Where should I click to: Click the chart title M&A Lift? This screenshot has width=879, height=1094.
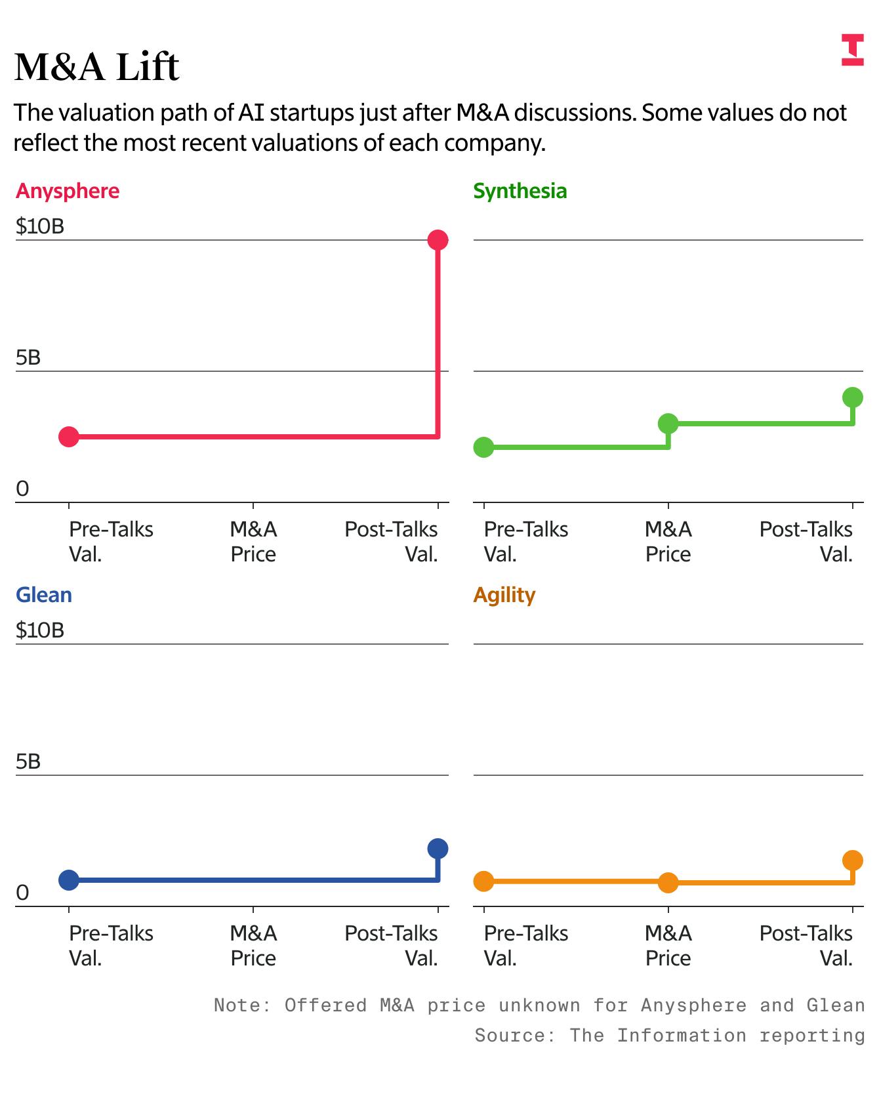point(96,67)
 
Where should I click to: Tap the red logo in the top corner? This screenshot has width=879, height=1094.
point(852,50)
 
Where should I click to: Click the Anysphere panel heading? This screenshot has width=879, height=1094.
point(68,191)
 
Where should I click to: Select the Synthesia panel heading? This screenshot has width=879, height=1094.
point(520,191)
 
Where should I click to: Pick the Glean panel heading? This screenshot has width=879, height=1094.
point(44,595)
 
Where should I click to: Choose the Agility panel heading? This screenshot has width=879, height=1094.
point(504,595)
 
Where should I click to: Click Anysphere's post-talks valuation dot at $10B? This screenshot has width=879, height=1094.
point(438,240)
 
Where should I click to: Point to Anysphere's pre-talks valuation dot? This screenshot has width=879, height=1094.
point(69,436)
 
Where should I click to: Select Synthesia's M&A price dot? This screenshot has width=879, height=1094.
point(668,424)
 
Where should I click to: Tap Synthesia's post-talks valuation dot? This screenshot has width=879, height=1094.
point(852,397)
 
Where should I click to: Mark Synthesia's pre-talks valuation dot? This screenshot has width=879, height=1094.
point(483,447)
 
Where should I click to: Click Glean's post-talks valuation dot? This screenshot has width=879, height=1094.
point(438,849)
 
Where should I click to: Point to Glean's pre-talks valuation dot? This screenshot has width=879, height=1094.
point(69,880)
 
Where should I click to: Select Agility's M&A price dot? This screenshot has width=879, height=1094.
point(668,883)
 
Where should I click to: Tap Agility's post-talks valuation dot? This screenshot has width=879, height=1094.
point(852,860)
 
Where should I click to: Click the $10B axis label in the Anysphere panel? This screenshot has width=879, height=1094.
point(40,226)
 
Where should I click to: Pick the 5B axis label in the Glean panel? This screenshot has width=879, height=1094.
point(28,761)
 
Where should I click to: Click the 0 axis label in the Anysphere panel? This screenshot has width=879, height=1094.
point(22,489)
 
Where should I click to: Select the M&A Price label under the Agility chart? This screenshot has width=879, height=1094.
point(668,945)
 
